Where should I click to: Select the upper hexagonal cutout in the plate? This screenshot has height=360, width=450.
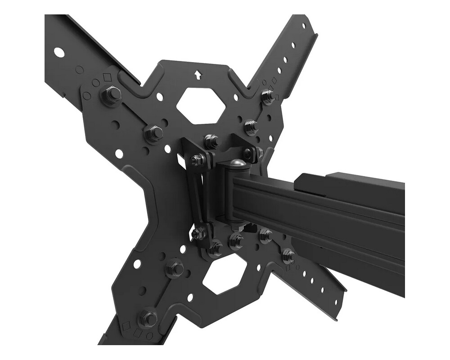tap(200, 104)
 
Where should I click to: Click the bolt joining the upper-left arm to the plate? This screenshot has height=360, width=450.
tap(111, 95)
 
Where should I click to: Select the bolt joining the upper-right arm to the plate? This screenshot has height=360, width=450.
tap(268, 96)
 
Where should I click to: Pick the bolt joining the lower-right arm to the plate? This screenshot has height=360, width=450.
tap(288, 256)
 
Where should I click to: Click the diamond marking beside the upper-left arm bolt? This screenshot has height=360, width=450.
tap(107, 77)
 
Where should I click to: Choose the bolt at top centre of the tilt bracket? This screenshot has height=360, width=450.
tap(211, 141)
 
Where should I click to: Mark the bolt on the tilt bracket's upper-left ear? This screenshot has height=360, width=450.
tap(197, 159)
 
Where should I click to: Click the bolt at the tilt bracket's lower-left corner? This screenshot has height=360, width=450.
tap(198, 233)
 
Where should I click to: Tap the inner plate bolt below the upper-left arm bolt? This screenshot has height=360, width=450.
tap(153, 133)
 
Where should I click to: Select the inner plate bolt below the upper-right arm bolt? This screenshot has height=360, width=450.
tap(251, 126)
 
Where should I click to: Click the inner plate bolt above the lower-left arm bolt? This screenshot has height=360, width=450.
tap(175, 269)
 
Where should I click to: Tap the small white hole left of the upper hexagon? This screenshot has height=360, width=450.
tap(159, 96)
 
